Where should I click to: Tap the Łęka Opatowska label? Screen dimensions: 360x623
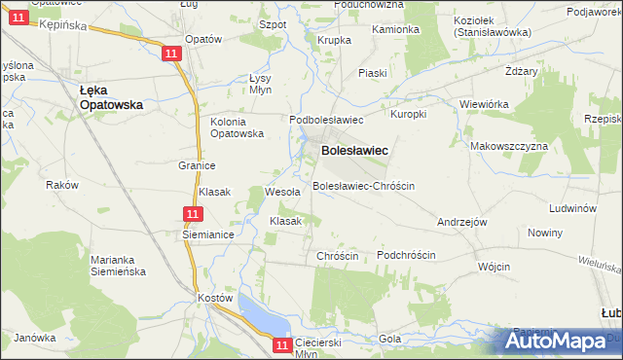point(111,96)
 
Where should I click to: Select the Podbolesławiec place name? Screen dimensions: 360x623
point(326,120)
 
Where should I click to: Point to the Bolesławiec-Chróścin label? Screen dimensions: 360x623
point(363,185)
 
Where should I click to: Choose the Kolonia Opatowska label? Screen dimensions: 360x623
point(238,127)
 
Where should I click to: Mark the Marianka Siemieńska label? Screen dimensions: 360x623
point(119,266)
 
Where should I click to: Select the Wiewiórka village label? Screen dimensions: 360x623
point(485,103)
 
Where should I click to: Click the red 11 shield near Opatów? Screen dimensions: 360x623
point(172,54)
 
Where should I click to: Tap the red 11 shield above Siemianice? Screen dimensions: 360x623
point(193,215)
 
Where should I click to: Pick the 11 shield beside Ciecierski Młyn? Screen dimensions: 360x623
point(282,344)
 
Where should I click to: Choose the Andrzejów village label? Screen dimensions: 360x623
point(461,222)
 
